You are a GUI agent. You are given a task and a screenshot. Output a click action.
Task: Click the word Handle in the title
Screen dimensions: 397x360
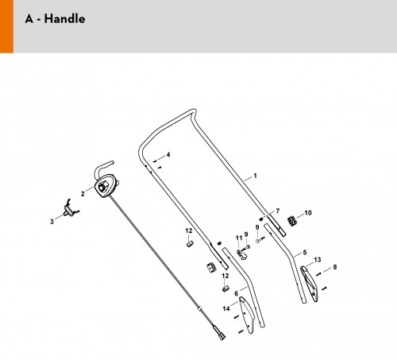(x=64, y=19)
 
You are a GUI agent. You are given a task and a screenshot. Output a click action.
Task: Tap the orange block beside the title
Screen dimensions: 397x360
(x=6, y=26)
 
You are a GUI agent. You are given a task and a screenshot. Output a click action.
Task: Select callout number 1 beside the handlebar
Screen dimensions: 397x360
(x=255, y=176)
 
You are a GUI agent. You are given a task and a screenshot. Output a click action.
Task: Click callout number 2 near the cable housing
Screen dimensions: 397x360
(x=83, y=194)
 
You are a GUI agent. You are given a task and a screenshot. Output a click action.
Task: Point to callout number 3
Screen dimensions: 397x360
(x=52, y=222)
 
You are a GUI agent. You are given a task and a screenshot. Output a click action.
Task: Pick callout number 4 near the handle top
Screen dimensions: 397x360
(x=168, y=155)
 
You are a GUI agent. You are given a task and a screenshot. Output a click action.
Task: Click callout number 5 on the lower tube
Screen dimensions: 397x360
(x=305, y=253)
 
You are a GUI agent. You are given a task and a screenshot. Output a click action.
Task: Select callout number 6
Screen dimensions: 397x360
(x=236, y=293)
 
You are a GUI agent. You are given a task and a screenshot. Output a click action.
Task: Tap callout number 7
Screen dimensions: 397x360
(x=278, y=211)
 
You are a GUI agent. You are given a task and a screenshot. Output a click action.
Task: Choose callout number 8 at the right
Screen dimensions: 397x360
(x=335, y=267)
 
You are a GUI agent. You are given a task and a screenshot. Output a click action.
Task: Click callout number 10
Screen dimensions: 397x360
(x=308, y=213)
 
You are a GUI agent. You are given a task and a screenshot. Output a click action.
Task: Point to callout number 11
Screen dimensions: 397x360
(x=239, y=238)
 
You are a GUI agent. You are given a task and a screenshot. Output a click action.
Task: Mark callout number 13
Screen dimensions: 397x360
(x=318, y=260)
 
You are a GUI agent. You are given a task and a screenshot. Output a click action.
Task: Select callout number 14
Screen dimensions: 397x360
(x=226, y=308)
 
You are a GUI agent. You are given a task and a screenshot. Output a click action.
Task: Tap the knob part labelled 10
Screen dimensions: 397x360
(x=291, y=221)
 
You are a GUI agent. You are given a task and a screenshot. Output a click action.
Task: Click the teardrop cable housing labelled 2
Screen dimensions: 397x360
(x=106, y=185)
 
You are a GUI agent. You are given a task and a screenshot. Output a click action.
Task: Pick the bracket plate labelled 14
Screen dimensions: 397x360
(x=247, y=315)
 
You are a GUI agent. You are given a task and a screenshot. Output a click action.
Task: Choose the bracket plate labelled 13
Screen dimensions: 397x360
(x=309, y=284)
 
